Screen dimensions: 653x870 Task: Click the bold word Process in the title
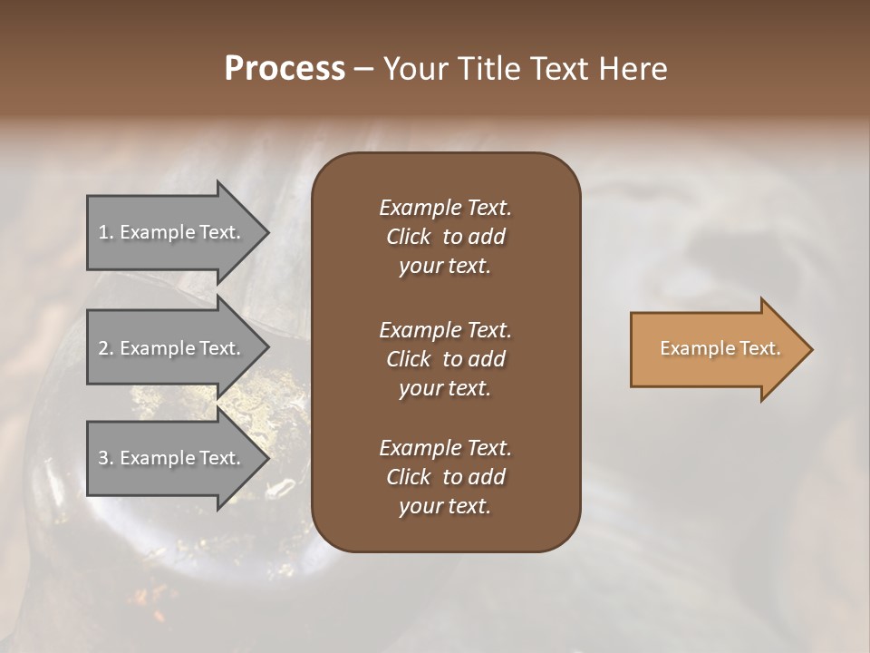point(285,69)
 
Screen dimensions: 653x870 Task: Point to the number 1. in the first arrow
point(105,232)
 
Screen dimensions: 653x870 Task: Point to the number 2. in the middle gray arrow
point(105,348)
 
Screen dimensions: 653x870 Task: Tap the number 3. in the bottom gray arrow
point(105,458)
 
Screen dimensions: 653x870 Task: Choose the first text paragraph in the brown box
point(445,237)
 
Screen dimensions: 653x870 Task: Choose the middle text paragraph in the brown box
point(445,359)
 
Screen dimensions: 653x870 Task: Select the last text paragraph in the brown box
point(445,477)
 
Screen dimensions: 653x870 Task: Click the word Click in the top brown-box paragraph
point(408,237)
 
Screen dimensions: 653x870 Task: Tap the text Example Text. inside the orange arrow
point(720,349)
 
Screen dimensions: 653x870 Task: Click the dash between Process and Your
point(363,69)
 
